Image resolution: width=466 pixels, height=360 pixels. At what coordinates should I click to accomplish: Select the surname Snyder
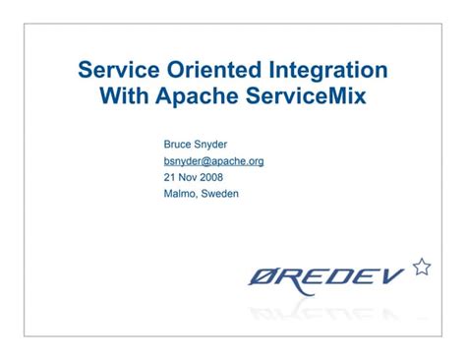213,144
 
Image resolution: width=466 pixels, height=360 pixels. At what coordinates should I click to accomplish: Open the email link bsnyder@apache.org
213,160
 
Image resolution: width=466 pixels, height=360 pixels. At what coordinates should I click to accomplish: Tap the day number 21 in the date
169,177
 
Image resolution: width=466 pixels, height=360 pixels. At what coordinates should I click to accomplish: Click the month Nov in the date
189,177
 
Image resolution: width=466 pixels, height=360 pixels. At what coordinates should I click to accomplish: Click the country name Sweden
222,194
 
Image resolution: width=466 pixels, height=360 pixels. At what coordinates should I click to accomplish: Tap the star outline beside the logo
421,266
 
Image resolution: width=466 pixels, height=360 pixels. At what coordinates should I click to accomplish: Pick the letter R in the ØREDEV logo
293,278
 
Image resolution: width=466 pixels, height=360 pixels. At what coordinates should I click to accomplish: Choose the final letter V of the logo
391,278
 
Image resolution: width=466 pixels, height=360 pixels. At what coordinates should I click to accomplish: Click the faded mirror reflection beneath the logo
329,313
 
